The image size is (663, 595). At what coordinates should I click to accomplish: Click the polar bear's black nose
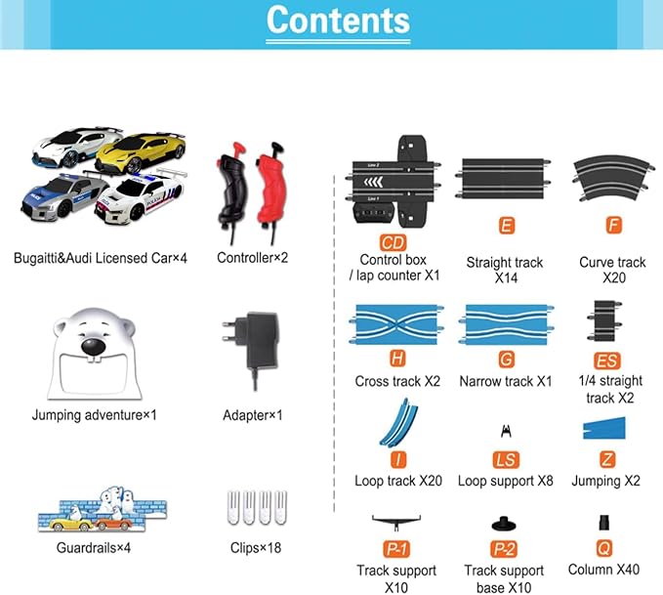coord(93,346)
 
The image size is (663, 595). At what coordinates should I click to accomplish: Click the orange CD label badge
coord(393,243)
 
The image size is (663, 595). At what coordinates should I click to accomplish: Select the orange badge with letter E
coord(506,226)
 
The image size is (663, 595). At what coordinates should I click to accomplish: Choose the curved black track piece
coord(613,178)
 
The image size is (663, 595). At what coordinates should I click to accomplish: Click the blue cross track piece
coord(396,323)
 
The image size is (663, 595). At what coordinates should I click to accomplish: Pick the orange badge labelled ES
coord(607,361)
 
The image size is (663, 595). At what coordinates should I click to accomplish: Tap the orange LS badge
coord(506,460)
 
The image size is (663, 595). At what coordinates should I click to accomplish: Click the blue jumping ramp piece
coord(603,427)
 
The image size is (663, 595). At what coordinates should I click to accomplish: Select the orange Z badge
coord(607,459)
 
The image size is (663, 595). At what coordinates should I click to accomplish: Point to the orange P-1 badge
coord(396,549)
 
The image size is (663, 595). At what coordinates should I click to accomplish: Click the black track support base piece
coord(504,524)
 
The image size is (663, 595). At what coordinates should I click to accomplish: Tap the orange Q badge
coord(603,548)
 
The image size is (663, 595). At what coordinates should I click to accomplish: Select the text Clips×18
coord(256,548)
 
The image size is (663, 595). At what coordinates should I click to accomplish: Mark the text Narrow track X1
coord(506,381)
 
